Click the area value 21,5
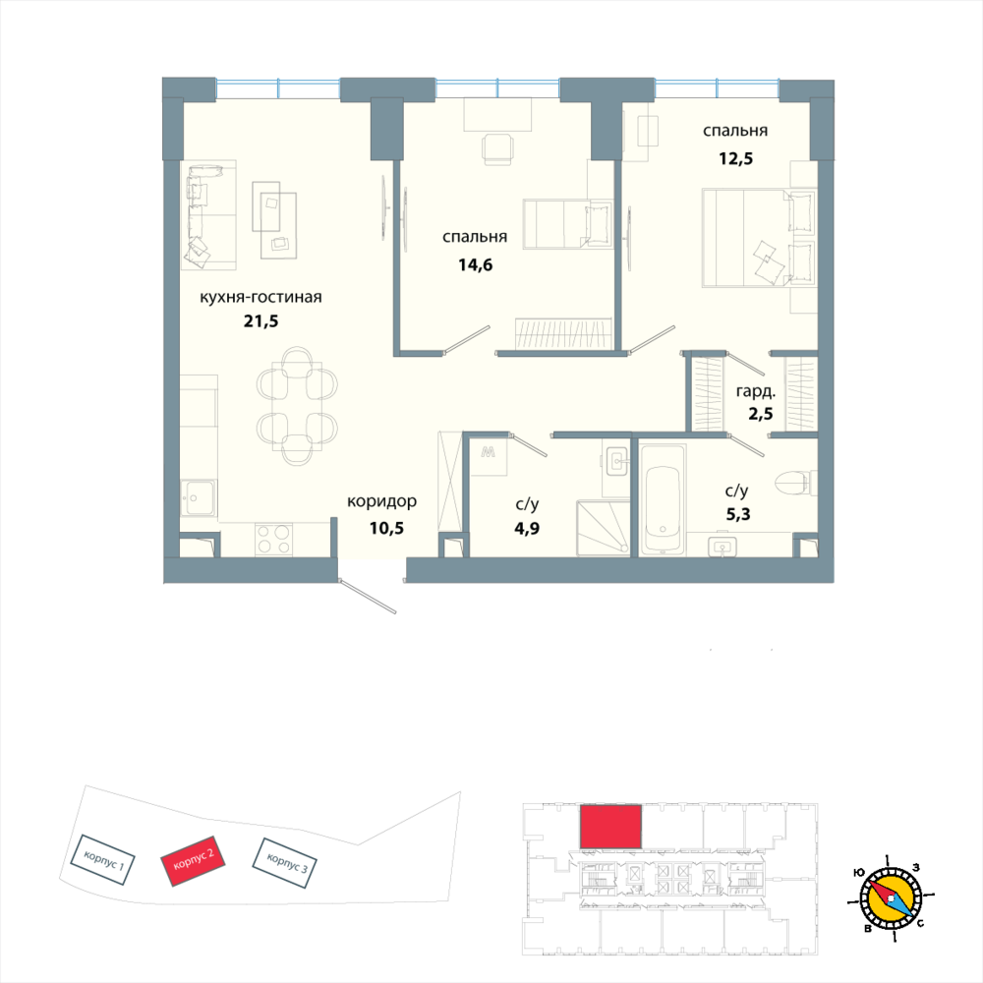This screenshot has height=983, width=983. click(x=261, y=320)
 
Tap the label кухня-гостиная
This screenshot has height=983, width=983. click(x=261, y=297)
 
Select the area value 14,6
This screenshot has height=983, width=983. click(x=475, y=262)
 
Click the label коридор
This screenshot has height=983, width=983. click(x=381, y=501)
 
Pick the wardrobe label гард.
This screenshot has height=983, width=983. click(x=754, y=390)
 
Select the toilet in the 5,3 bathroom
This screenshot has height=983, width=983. click(x=792, y=483)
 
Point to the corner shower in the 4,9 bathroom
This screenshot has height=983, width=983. click(x=602, y=527)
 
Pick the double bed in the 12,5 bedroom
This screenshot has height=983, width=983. click(x=758, y=239)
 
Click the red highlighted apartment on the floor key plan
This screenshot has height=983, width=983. click(x=610, y=826)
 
